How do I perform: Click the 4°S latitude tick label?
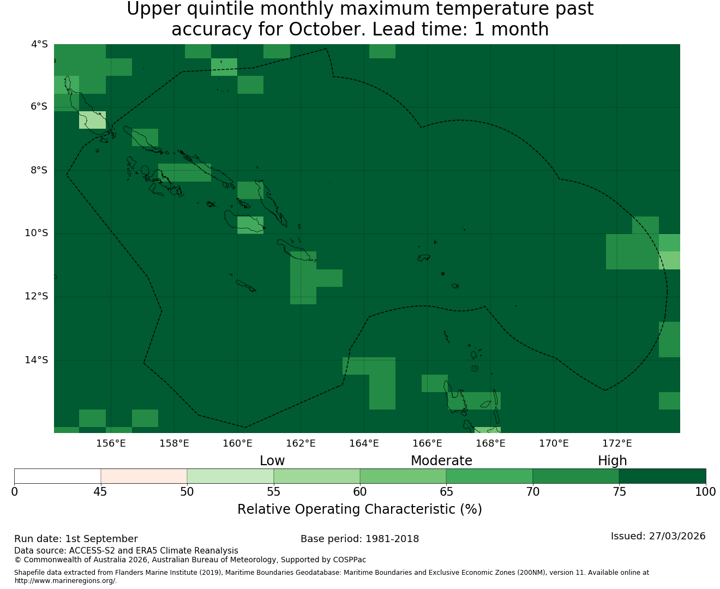[39, 44]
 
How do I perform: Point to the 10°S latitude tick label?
[36, 233]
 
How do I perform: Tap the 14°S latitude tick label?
[36, 360]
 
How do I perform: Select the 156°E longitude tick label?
[111, 443]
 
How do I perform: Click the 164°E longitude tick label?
[364, 443]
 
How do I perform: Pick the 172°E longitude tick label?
[617, 443]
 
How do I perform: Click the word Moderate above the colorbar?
[441, 461]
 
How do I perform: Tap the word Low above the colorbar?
[272, 461]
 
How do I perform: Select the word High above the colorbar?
[612, 461]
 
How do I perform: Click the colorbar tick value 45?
[100, 492]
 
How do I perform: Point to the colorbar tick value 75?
[619, 492]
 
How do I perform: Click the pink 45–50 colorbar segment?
[143, 476]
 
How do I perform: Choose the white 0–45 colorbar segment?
[58, 476]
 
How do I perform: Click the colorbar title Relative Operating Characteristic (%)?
[359, 509]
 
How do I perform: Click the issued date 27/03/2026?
[677, 536]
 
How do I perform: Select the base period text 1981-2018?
[392, 539]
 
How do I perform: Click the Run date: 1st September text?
[76, 539]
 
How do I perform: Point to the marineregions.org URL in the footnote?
[65, 581]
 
